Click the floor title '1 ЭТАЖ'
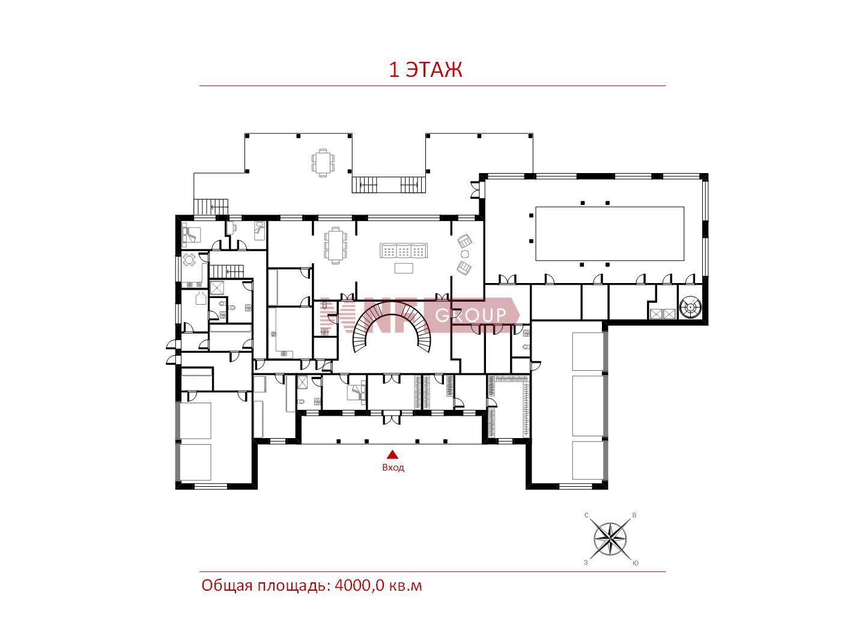(x=425, y=70)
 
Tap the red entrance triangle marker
(x=392, y=454)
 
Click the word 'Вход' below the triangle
(x=393, y=468)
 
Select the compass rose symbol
(x=610, y=539)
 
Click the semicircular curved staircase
(x=392, y=326)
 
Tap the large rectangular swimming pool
(x=609, y=233)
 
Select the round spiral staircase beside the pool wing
(x=690, y=307)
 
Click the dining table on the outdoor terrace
(x=323, y=163)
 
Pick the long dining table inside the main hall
(x=336, y=245)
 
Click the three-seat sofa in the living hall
(x=404, y=251)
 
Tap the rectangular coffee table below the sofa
(x=404, y=268)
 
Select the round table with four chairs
(x=189, y=260)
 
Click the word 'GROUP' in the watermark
(x=470, y=315)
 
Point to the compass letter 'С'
(x=586, y=515)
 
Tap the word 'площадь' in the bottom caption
(x=292, y=587)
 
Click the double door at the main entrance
(x=392, y=418)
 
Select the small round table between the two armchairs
(x=464, y=254)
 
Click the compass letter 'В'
(x=634, y=515)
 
